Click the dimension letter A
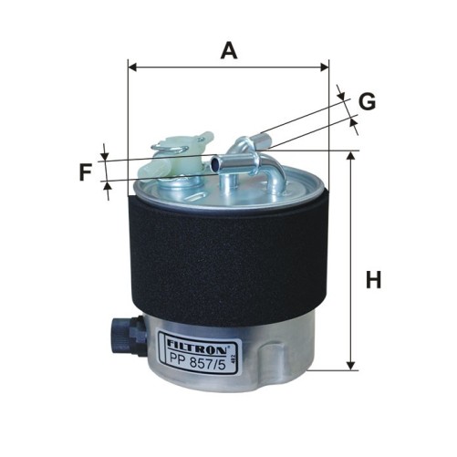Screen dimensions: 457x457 pyautogui.click(x=229, y=51)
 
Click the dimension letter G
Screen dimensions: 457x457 pyautogui.click(x=367, y=101)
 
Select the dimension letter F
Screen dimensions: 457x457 pyautogui.click(x=86, y=172)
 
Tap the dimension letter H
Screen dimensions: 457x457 pyautogui.click(x=373, y=280)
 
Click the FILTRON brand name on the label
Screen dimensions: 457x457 pyautogui.click(x=197, y=346)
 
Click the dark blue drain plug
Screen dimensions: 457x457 pyautogui.click(x=129, y=336)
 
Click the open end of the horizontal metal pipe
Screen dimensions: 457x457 pyautogui.click(x=214, y=163)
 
